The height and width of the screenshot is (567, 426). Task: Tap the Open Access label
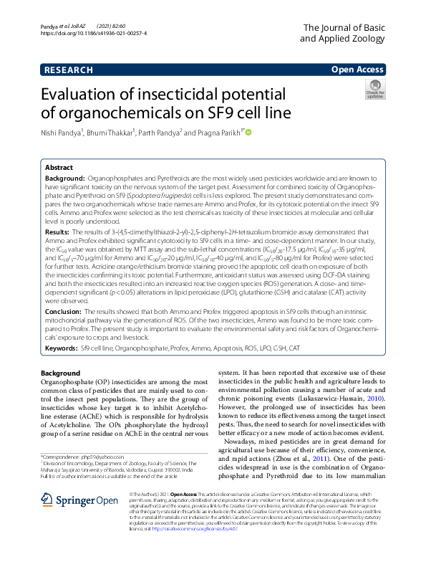(357, 70)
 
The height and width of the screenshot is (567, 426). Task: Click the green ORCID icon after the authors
(249, 133)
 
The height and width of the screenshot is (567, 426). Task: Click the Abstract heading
(59, 166)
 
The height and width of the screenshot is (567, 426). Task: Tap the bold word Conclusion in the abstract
(63, 313)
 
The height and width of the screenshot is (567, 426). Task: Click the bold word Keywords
(61, 348)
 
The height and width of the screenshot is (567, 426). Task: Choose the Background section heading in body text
(61, 373)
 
